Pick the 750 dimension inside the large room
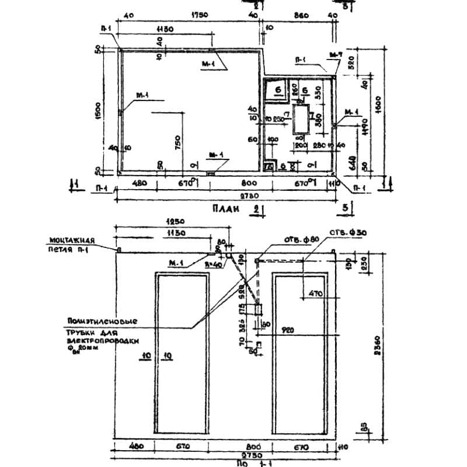[177, 142]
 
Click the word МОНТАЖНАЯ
[72, 239]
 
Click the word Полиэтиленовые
[102, 321]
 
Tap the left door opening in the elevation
[182, 354]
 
